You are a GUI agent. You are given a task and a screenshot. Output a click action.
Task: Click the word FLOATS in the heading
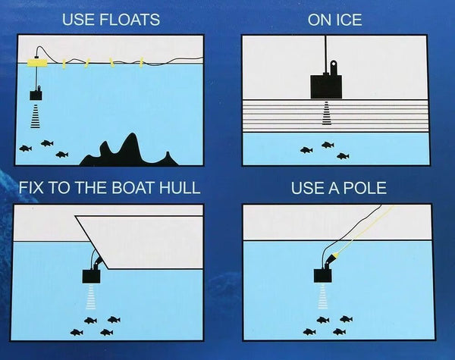[x=130, y=20]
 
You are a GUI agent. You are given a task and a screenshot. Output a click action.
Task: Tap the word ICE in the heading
[x=347, y=20]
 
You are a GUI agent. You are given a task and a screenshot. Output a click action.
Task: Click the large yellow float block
[x=37, y=63]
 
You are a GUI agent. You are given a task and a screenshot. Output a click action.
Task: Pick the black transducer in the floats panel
[x=36, y=94]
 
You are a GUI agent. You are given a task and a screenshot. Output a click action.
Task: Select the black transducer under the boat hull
[x=92, y=276]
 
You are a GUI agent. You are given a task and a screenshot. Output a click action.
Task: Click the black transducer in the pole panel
[x=323, y=275]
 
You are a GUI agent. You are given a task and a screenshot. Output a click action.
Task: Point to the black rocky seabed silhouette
[x=129, y=152]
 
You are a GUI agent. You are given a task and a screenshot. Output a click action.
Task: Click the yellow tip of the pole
[x=335, y=255]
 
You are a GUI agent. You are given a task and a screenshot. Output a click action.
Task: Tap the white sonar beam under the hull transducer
[x=91, y=296]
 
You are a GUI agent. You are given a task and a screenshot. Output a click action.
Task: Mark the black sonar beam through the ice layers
[x=327, y=113]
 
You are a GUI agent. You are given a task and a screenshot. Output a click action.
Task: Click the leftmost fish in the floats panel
[x=26, y=149]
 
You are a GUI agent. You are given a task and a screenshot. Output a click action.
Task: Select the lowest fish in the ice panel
[x=343, y=156]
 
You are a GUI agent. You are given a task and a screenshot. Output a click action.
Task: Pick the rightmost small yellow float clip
[x=141, y=62]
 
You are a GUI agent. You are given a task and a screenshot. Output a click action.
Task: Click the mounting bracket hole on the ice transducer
[x=334, y=63]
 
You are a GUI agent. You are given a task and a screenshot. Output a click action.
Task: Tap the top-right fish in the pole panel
[x=346, y=319]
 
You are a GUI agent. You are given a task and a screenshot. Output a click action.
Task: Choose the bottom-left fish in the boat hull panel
[x=77, y=332]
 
